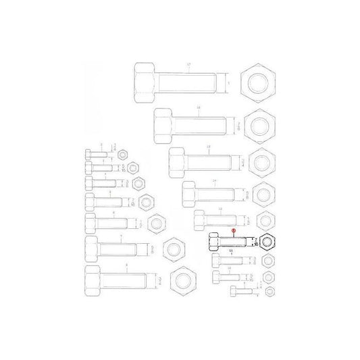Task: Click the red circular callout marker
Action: point(233,230)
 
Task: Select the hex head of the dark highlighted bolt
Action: point(213,241)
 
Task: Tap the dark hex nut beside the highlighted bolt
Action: point(267,242)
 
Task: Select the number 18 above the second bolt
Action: point(199,107)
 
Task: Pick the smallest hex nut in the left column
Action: point(122,155)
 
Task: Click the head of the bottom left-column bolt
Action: point(91,279)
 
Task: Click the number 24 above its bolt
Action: point(213,182)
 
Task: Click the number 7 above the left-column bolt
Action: point(120,236)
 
